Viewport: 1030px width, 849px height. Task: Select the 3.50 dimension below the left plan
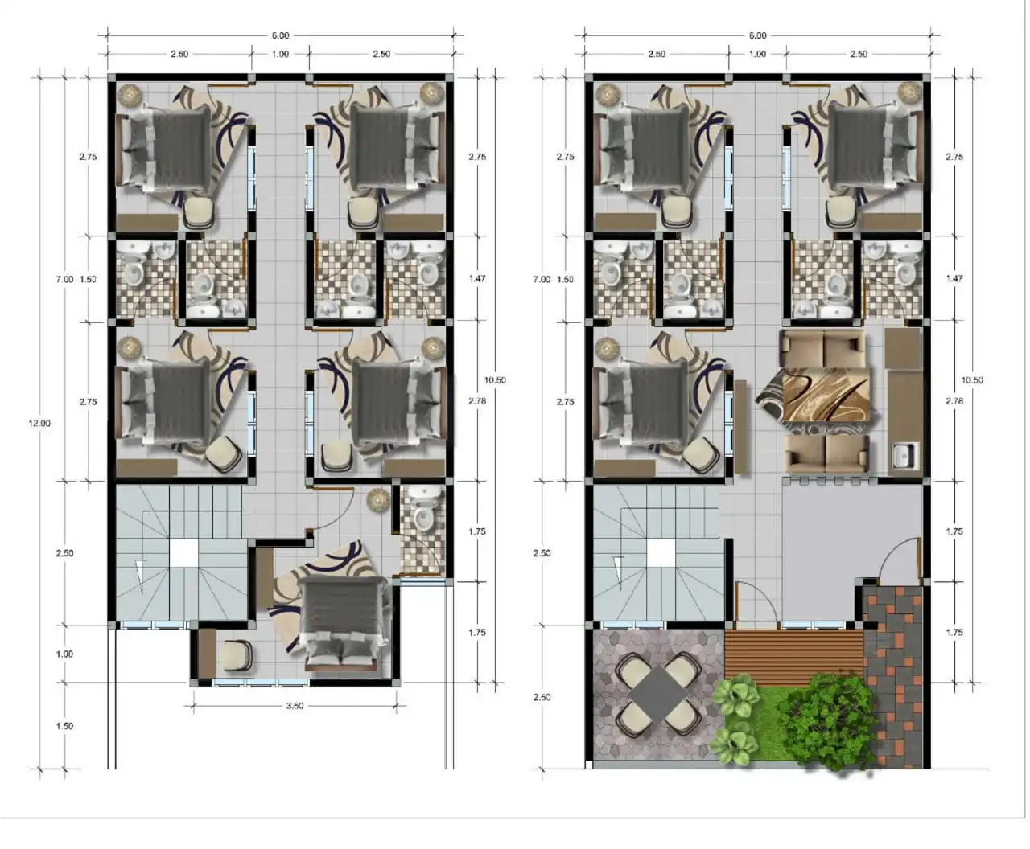coord(295,707)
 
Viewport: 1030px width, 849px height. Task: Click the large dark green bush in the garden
coord(829,720)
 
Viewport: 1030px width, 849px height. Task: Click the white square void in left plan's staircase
coord(183,553)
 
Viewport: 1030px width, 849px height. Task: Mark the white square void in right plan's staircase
coord(661,553)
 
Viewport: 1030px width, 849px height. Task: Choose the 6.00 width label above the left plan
coord(280,35)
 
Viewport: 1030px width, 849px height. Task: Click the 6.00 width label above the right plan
coord(757,35)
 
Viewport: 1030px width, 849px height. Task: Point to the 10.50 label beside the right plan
coord(972,380)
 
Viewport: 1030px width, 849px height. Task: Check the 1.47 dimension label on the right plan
coord(954,278)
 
